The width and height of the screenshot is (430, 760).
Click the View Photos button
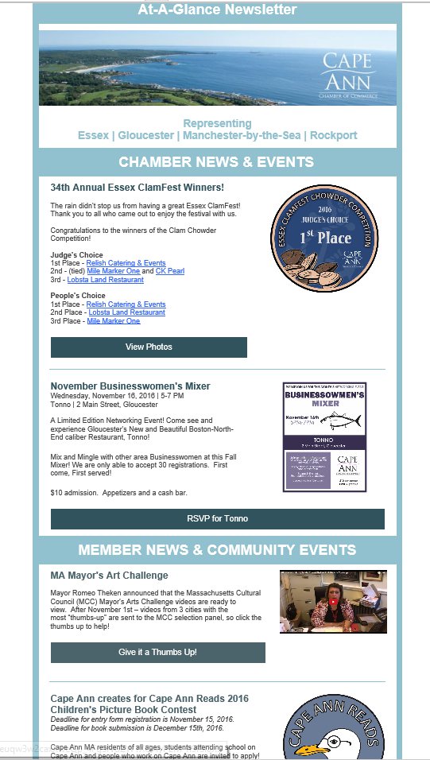[149, 347]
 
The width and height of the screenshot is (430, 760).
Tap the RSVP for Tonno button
[217, 518]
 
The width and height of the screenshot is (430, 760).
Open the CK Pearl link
[169, 271]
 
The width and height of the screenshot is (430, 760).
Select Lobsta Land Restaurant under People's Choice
[126, 312]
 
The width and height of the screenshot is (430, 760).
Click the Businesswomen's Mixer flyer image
[324, 436]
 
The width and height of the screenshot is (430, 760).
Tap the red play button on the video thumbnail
[334, 602]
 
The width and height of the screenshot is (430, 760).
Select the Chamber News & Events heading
[216, 162]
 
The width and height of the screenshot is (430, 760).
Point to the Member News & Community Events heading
[217, 549]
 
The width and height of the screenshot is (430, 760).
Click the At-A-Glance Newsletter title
[217, 10]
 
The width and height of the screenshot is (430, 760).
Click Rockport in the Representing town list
[333, 135]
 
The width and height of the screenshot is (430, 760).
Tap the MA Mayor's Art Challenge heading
[109, 575]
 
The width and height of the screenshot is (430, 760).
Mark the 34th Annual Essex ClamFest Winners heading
[137, 188]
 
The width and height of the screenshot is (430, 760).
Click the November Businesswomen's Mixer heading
[130, 386]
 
